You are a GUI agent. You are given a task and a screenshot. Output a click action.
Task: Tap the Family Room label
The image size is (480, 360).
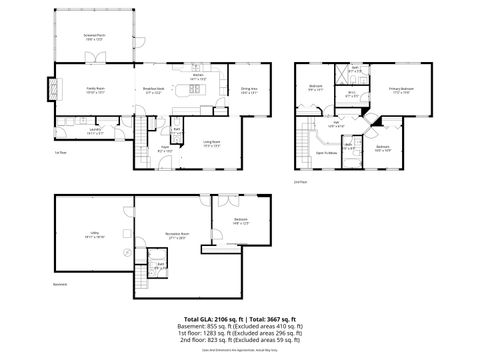pos(94,91)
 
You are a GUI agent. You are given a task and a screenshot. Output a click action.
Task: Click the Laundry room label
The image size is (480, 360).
pos(95,130)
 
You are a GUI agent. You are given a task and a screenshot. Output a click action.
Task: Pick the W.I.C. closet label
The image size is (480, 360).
pos(352,96)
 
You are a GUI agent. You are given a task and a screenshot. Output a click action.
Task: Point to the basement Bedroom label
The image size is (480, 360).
pos(241,222)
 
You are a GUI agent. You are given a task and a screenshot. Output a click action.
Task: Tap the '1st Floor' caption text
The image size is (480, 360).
pos(60,153)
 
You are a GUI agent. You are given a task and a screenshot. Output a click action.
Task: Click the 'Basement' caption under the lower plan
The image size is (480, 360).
pos(60,312)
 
